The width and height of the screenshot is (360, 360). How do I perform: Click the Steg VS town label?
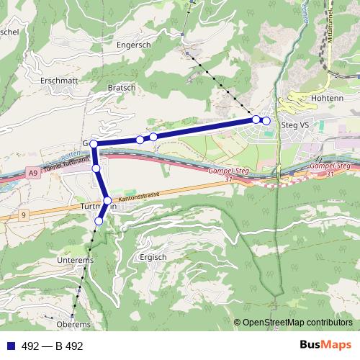294,125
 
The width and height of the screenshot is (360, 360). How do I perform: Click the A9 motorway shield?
33,174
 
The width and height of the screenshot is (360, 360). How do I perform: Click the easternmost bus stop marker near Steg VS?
266,120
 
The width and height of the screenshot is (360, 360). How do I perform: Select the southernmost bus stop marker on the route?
99,222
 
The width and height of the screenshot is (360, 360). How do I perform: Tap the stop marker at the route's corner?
94,145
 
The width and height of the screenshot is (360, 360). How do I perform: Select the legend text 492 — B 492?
53,346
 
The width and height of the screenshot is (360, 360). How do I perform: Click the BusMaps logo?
325,346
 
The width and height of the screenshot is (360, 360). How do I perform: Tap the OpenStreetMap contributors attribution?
297,323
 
